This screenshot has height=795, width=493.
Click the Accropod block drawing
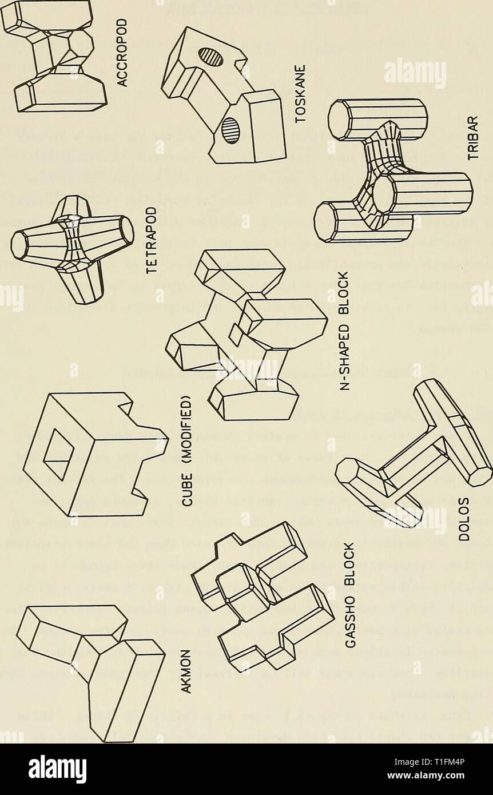pyautogui.click(x=54, y=54)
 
